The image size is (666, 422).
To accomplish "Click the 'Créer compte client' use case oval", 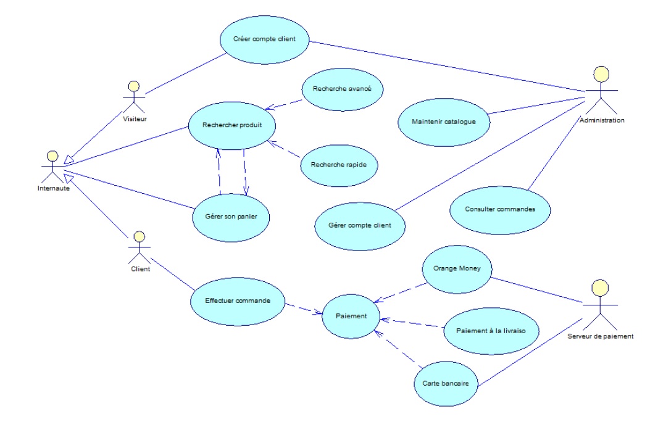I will point(264,39).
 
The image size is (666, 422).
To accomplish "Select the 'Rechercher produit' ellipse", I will point(232,125).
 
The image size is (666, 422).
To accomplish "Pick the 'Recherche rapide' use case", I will point(338,165).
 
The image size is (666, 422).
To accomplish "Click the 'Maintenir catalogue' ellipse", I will point(443,122).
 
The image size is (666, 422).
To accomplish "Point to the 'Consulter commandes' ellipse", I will point(499,209).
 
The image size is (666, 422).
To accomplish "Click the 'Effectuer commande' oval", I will point(236,301).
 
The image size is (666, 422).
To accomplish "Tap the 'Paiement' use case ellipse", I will point(351,316).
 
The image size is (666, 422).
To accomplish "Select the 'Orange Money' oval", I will point(456,269).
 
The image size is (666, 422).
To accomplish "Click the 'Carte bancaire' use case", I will point(446,383).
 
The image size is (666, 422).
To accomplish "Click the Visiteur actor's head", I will point(131,85).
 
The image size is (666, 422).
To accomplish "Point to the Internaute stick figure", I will point(52,165).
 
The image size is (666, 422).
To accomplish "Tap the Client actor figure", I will point(139,247).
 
